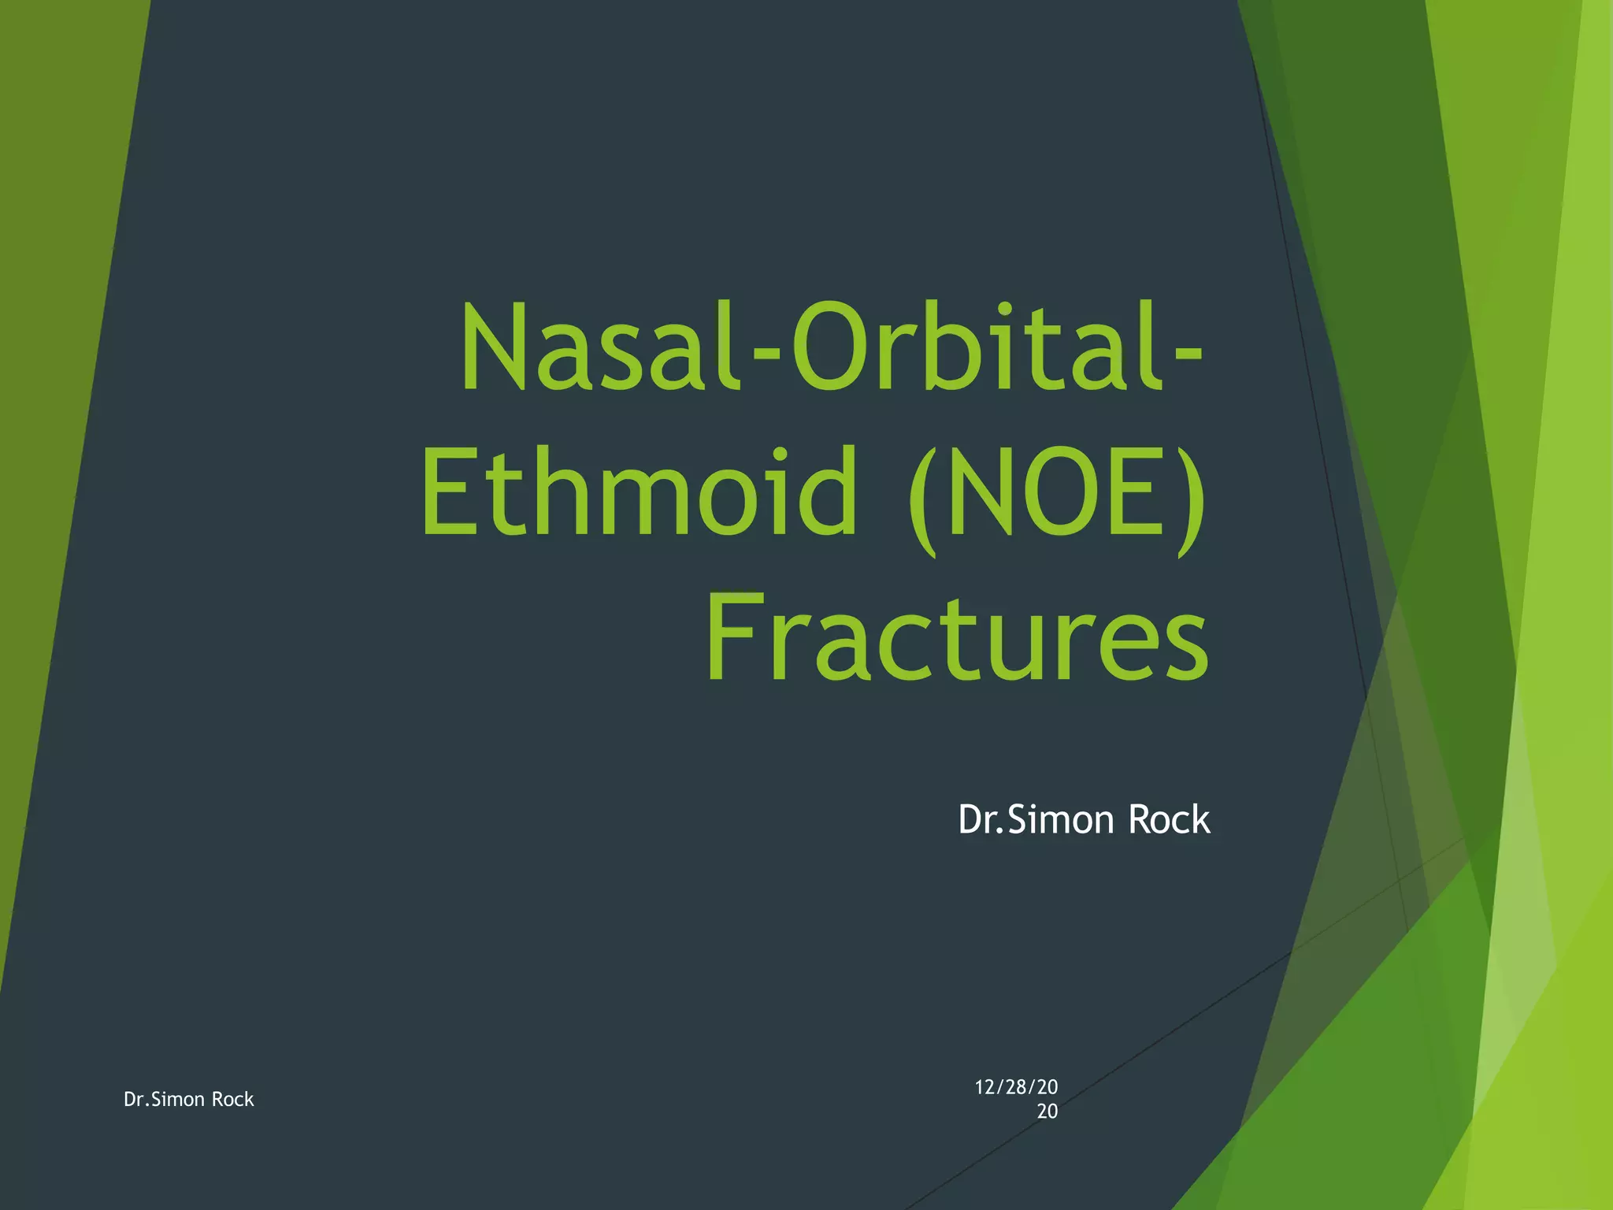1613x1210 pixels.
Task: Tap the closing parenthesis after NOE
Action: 1189,496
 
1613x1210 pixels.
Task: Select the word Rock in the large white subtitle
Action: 1169,820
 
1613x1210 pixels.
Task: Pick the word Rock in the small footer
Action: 233,1099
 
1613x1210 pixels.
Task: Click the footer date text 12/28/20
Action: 1016,1087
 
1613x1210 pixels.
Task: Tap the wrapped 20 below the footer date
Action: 1047,1112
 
